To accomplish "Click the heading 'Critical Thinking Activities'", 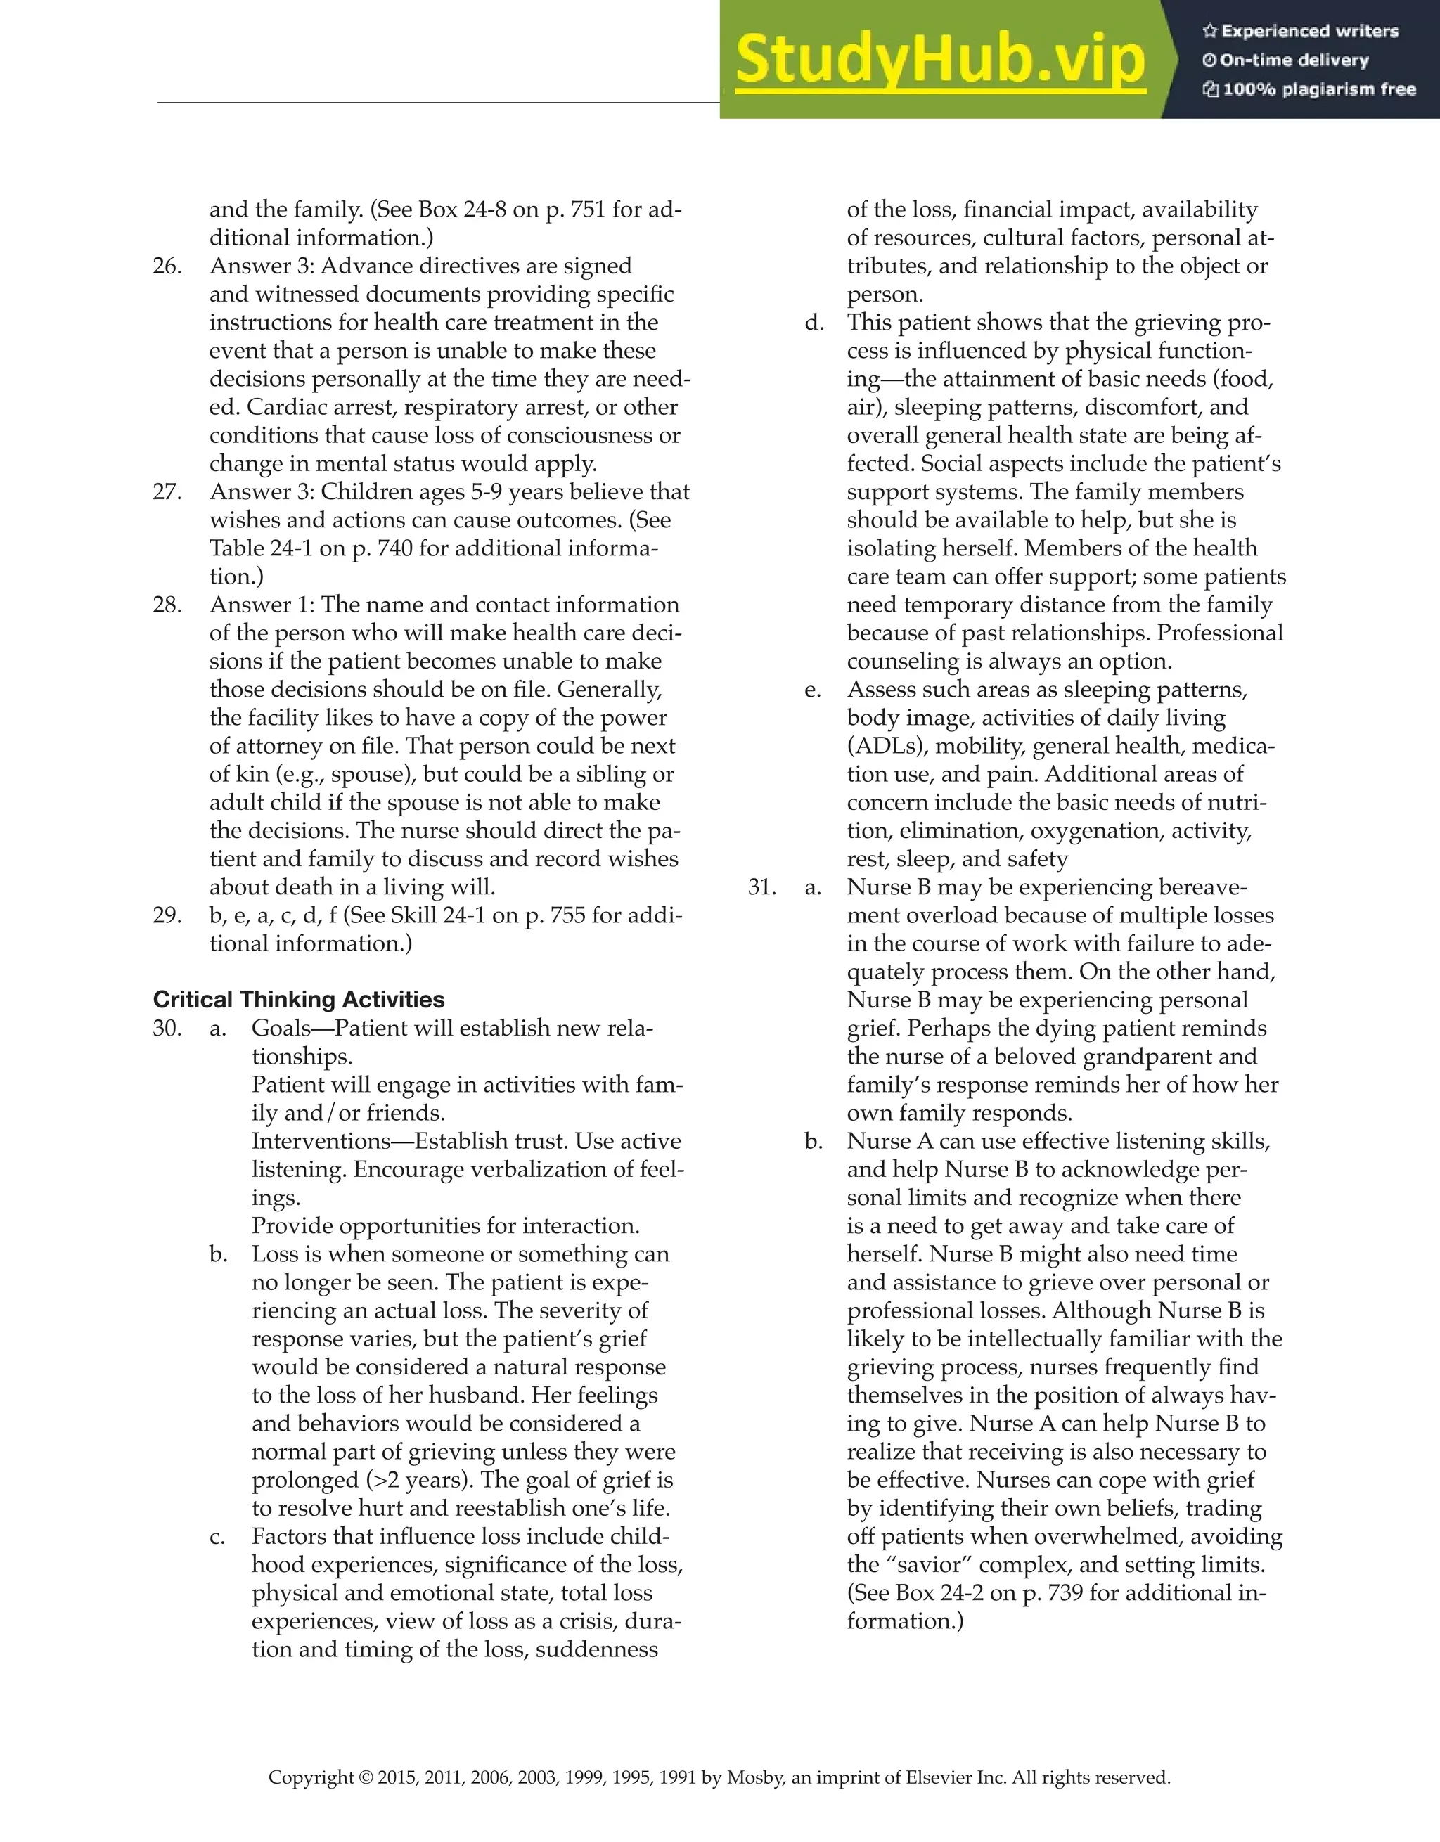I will (299, 1000).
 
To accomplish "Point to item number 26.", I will (167, 266).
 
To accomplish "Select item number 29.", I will (167, 915).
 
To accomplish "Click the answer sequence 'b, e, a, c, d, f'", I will (274, 915).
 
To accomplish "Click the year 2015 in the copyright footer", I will (397, 1778).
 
